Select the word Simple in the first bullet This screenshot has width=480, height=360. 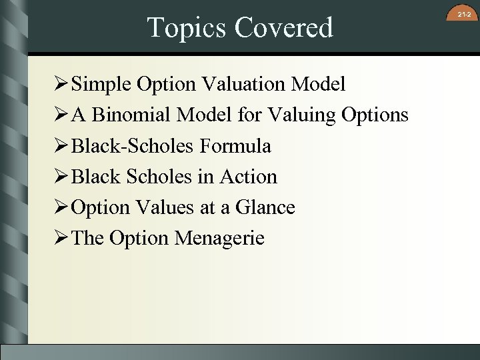(x=101, y=85)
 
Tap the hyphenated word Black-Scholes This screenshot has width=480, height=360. (x=131, y=146)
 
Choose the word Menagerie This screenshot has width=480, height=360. (x=219, y=238)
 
